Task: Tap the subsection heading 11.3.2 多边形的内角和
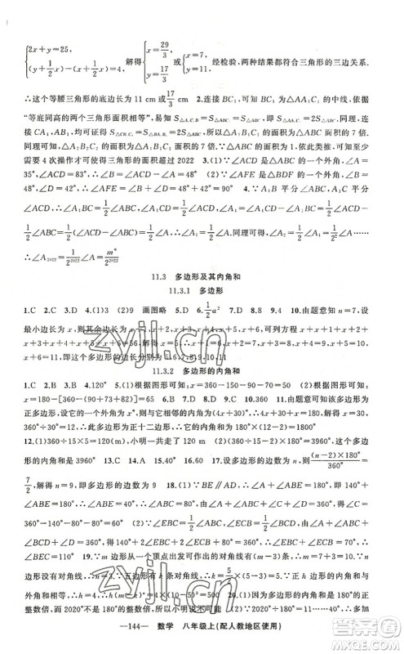point(202,366)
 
